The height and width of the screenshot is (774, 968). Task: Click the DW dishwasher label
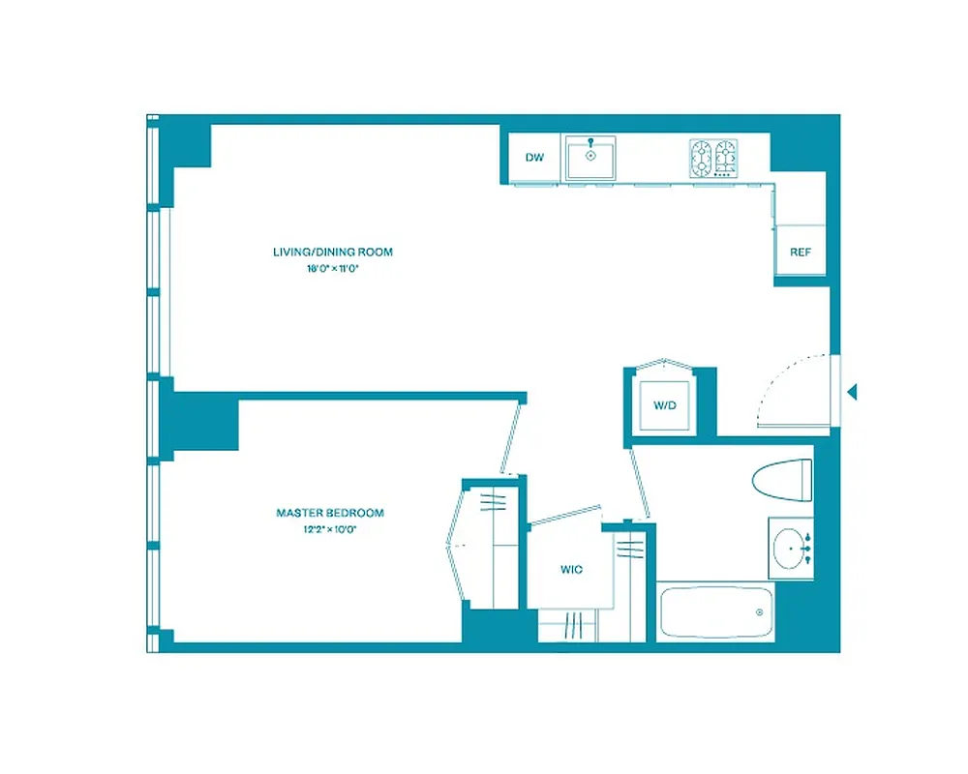coord(533,158)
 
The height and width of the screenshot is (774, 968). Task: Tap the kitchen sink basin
coord(590,159)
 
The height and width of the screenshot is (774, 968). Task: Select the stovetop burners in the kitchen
coord(713,157)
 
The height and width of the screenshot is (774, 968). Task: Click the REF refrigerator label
coord(800,253)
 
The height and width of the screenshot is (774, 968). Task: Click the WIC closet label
coord(571,570)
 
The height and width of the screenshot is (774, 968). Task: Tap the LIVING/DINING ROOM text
coord(333,253)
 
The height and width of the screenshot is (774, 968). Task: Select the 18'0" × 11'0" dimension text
coord(333,269)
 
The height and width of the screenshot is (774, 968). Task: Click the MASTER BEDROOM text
coord(330,513)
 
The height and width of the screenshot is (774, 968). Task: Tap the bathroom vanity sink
coord(794,548)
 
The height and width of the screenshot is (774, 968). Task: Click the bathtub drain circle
coord(759,611)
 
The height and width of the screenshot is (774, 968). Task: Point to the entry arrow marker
coord(853,392)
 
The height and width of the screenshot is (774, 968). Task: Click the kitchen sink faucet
coord(590,141)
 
